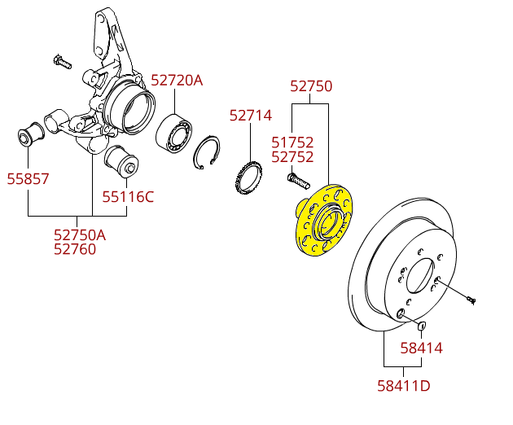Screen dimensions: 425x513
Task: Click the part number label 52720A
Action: [x=177, y=80]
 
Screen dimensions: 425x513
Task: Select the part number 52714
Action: [x=250, y=116]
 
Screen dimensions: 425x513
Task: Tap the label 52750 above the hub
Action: [x=312, y=86]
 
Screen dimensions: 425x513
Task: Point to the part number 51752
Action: [x=292, y=142]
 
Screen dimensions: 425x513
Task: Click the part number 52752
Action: [x=292, y=157]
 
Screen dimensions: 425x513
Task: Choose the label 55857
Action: [x=28, y=178]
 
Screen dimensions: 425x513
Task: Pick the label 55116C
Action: [x=128, y=195]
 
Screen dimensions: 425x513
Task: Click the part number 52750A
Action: [x=80, y=234]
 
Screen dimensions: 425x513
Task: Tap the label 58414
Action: [x=421, y=348]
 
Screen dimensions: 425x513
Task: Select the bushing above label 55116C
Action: [x=124, y=160]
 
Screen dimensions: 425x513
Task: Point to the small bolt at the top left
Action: [x=62, y=60]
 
